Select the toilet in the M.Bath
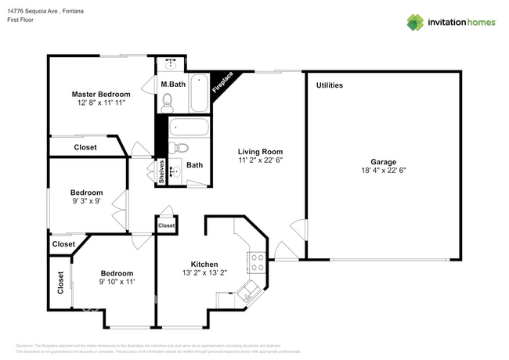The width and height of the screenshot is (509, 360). (x=167, y=99)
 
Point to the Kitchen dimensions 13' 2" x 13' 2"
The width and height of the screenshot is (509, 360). (x=204, y=273)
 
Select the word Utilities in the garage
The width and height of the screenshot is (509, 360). (x=329, y=85)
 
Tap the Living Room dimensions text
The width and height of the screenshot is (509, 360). (x=260, y=160)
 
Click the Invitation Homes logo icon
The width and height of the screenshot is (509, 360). (x=415, y=22)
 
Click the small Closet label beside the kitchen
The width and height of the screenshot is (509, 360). (x=167, y=225)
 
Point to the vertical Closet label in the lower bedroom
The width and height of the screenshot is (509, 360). (x=60, y=283)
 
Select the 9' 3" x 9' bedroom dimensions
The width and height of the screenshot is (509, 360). (x=86, y=201)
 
